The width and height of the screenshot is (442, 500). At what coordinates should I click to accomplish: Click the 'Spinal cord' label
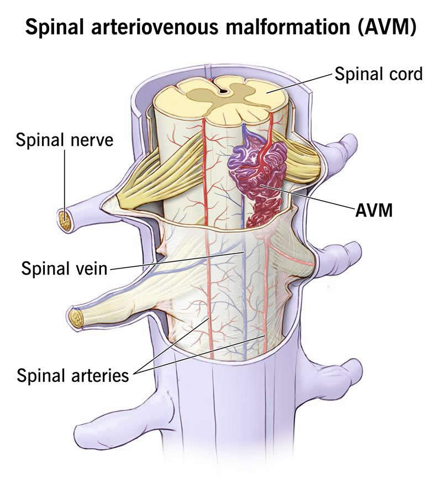(378, 74)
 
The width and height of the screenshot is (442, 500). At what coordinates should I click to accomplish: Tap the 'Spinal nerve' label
(65, 140)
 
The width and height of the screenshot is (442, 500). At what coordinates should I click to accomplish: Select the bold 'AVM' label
(373, 210)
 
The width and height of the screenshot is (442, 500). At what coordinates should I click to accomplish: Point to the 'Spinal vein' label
(64, 268)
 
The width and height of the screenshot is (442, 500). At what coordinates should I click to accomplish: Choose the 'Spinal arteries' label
(73, 375)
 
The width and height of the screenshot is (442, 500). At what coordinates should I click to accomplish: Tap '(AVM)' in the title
(387, 27)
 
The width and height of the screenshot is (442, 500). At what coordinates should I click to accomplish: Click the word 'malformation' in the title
(288, 27)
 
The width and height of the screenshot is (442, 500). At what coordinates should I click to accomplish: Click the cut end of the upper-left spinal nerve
(65, 221)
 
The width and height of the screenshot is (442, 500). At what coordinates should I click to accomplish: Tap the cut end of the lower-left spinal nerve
(77, 318)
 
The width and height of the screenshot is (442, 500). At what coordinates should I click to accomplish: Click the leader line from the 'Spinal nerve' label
(65, 185)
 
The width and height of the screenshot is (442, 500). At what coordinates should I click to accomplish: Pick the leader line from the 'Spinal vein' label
(177, 261)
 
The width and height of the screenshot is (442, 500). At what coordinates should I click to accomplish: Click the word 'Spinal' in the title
(55, 27)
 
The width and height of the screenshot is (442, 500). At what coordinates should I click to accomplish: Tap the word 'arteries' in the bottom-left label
(100, 375)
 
